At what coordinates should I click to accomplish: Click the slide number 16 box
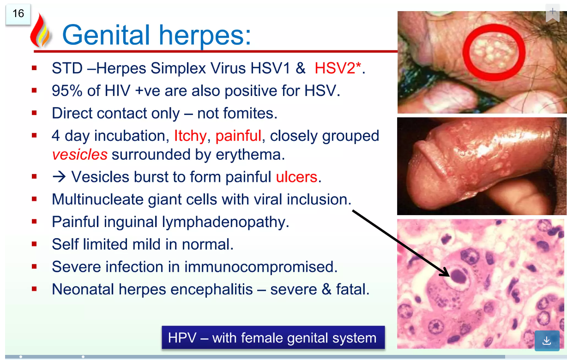pos(18,14)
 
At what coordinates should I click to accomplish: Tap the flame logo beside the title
pos(40,30)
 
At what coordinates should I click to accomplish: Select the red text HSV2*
pos(338,68)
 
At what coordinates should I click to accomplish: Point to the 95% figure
pos(67,90)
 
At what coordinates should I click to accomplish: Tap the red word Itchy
pos(190,136)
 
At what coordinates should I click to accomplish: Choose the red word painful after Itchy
pos(238,136)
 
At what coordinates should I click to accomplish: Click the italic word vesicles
pos(79,155)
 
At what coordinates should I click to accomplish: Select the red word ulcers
pos(296,177)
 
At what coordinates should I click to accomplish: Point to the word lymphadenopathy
pos(225,222)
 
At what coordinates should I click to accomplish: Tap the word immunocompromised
pos(260,267)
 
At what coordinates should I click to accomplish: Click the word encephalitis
pos(211,289)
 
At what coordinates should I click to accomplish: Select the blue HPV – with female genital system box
pos(273,337)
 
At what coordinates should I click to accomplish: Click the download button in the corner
pos(547,341)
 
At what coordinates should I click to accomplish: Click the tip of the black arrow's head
pos(450,276)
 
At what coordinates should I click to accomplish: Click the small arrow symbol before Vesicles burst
pos(59,177)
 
